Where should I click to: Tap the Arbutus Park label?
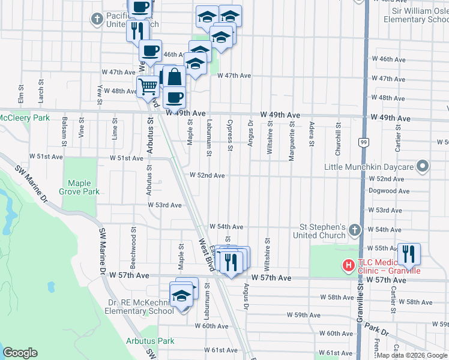click(x=150, y=341)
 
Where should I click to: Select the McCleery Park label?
click(x=25, y=118)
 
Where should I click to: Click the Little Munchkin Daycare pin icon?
click(x=423, y=166)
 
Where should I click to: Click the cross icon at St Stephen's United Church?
click(x=355, y=230)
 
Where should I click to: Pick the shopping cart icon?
click(x=147, y=86)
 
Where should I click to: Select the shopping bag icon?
click(x=174, y=77)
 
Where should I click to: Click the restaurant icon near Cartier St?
click(x=409, y=253)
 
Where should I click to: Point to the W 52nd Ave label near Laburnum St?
click(x=207, y=175)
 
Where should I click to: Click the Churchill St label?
click(x=339, y=135)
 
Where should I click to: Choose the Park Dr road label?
click(x=379, y=329)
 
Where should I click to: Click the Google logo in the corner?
click(x=20, y=353)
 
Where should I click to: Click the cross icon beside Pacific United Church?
click(x=97, y=19)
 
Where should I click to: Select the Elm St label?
click(x=20, y=93)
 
